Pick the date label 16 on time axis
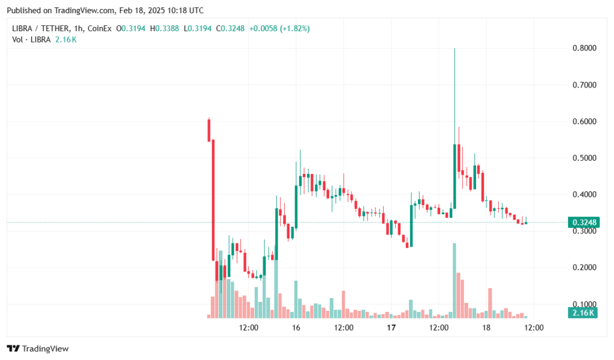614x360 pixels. (296, 328)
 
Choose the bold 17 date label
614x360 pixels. (391, 328)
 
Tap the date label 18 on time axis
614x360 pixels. (486, 328)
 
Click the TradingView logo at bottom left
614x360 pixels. (38, 349)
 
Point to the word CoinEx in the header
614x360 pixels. (100, 28)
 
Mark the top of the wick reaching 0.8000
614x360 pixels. (455, 49)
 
